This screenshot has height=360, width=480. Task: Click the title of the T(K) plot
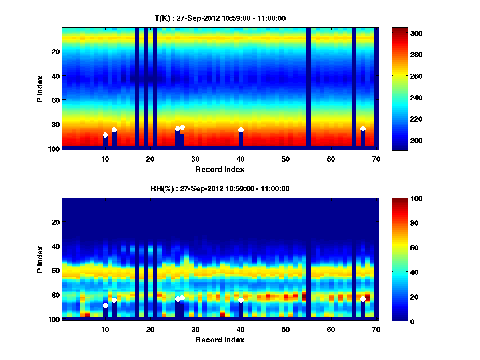(220, 18)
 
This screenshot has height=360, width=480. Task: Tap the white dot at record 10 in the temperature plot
(105, 135)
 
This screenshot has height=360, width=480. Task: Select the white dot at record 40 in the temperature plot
(241, 130)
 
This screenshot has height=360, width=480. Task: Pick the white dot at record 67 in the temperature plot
(363, 128)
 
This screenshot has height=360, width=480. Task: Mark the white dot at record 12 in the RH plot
(114, 300)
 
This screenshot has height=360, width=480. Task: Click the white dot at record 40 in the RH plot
(241, 300)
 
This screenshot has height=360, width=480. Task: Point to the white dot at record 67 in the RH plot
(363, 299)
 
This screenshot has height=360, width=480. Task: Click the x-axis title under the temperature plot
(220, 170)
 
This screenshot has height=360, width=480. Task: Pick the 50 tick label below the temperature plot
(286, 159)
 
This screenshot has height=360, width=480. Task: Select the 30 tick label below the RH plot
(195, 329)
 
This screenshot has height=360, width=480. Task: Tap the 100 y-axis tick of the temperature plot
(55, 149)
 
